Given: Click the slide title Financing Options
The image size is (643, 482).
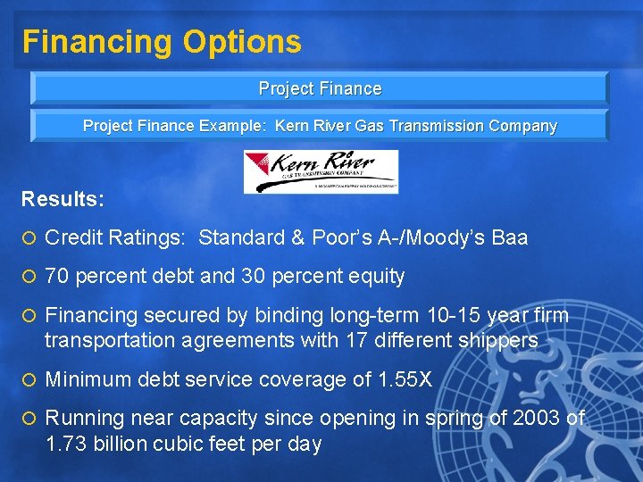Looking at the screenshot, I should (162, 41).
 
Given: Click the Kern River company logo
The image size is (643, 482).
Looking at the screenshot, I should (321, 171).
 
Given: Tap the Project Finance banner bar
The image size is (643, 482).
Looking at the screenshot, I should (320, 88).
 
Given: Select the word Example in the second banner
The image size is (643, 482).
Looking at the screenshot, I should (236, 126).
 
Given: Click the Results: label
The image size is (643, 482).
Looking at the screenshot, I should (63, 198).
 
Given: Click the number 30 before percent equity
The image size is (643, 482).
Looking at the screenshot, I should (254, 277).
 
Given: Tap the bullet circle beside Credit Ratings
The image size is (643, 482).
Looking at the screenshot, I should (29, 238).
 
